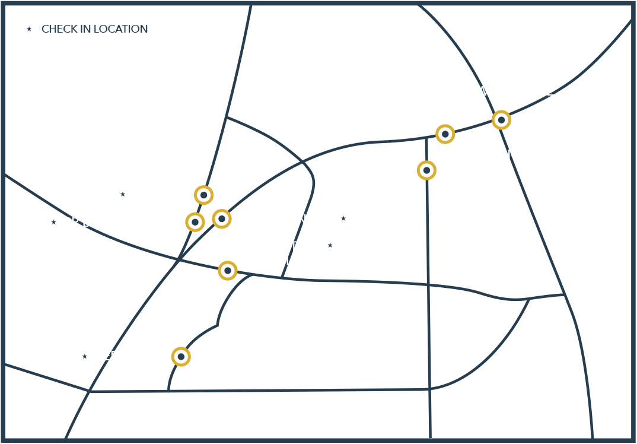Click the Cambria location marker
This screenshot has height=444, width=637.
(x=204, y=194)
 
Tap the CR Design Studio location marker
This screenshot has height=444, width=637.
(x=195, y=222)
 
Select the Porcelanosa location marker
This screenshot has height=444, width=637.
(x=222, y=219)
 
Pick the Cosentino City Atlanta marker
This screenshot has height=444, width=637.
(x=227, y=271)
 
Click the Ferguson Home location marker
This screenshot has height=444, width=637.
(x=180, y=357)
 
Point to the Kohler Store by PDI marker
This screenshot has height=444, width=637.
(x=426, y=170)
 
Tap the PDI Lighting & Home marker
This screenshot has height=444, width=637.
(x=445, y=134)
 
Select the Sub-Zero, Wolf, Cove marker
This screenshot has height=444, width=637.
(x=501, y=120)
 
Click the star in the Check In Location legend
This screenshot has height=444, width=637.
(x=29, y=28)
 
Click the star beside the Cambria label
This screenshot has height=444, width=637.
(x=123, y=194)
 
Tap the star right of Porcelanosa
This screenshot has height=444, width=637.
(x=343, y=218)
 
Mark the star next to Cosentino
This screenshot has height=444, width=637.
(x=331, y=245)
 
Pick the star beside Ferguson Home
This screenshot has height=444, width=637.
(x=85, y=356)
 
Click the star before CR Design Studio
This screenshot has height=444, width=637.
(x=53, y=223)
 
